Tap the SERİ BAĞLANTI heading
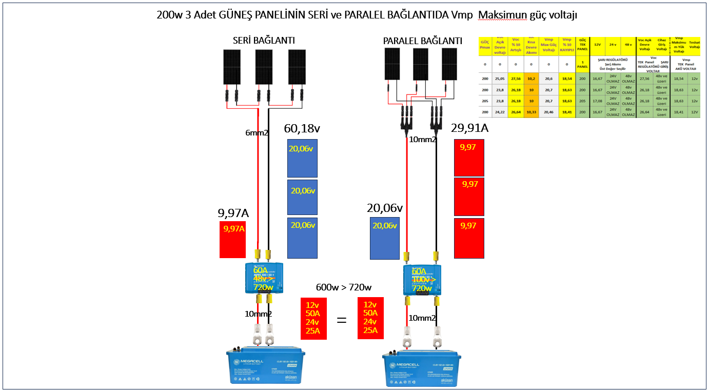coord(264,41)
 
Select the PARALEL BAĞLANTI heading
coord(422,41)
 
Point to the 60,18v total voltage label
coord(306,128)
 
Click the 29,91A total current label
coord(469,128)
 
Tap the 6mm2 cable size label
coord(257,133)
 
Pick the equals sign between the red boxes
coord(341,320)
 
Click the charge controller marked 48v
coord(265,279)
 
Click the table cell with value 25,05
coord(499,79)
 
